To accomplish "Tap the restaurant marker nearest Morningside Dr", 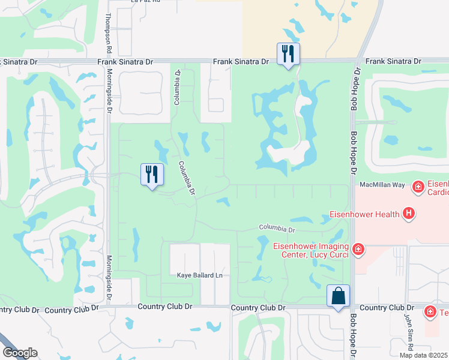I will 152,175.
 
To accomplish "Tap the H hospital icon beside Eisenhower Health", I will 409,213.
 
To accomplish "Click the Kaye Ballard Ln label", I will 199,275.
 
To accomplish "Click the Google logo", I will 20,353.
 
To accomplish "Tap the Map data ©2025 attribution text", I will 423,355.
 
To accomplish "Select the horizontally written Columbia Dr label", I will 277,229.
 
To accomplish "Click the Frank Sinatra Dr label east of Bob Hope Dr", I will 393,61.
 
